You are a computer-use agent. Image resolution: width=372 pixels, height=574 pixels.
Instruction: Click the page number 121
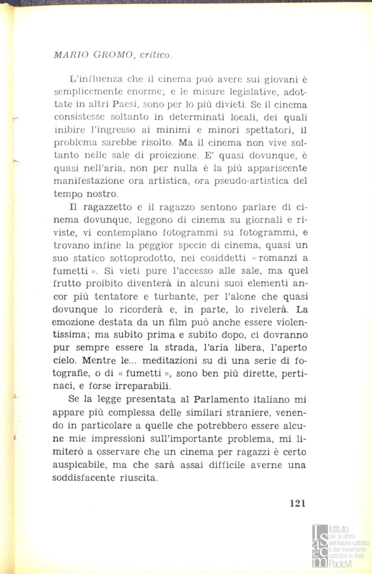(x=297, y=503)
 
